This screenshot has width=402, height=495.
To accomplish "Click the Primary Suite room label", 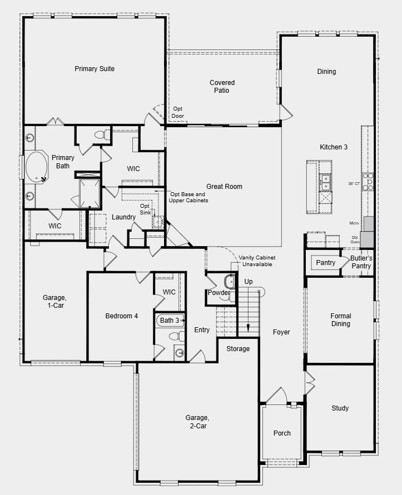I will (x=95, y=69).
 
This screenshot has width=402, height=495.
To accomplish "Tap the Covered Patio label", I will (x=222, y=87).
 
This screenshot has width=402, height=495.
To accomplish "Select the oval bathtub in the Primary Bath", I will (x=37, y=166).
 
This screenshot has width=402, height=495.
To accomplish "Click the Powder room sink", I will (x=229, y=281).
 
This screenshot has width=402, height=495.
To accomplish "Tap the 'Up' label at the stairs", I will (x=249, y=282).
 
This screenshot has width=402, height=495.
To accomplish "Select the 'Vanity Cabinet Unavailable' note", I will (x=257, y=261).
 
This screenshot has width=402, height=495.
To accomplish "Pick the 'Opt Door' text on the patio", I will (x=178, y=112).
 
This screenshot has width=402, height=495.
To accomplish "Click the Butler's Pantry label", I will (x=361, y=262).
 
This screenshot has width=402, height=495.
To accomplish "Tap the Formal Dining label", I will (x=340, y=320).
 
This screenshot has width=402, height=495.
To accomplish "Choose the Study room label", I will (x=340, y=408).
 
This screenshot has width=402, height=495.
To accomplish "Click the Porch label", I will (x=282, y=433).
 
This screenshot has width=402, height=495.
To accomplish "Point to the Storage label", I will (x=238, y=349).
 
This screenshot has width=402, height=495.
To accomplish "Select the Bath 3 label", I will (x=170, y=321).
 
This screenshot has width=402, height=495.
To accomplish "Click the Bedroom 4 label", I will (x=122, y=316).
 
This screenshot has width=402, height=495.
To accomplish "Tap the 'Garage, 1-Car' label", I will (x=54, y=301).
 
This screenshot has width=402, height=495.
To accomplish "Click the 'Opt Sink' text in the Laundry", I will (x=145, y=209).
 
